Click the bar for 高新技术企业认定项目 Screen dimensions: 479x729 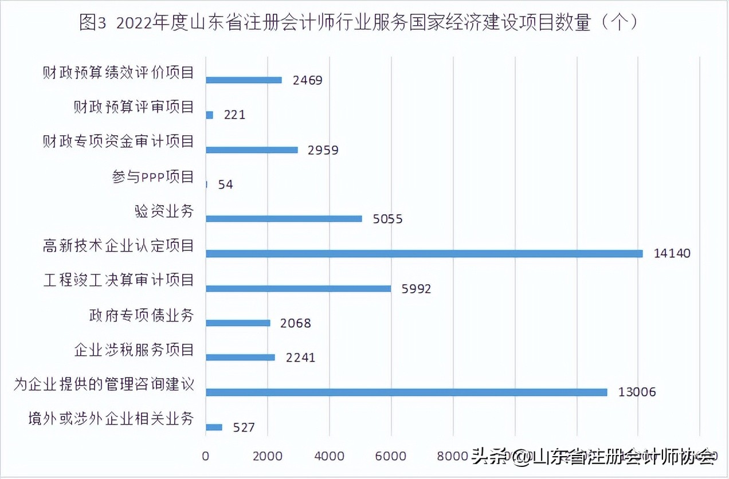(424, 253)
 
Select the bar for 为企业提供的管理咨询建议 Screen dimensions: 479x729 (406, 392)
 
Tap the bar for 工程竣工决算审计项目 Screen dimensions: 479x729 (298, 288)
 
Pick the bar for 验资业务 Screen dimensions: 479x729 (284, 218)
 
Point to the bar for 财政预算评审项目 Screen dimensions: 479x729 (209, 115)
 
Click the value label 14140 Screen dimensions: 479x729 (672, 253)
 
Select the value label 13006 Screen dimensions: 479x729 (637, 392)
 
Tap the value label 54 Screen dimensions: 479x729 (225, 184)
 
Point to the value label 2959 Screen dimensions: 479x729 (323, 150)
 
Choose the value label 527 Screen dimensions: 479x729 (244, 427)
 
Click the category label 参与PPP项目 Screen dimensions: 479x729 (153, 176)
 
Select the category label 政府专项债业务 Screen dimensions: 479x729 (142, 315)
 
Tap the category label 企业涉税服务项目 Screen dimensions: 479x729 (134, 350)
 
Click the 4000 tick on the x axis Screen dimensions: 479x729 (329, 456)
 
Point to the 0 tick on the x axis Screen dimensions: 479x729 (206, 456)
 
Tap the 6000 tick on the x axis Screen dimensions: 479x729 (391, 456)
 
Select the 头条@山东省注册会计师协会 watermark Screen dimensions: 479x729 (594, 457)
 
